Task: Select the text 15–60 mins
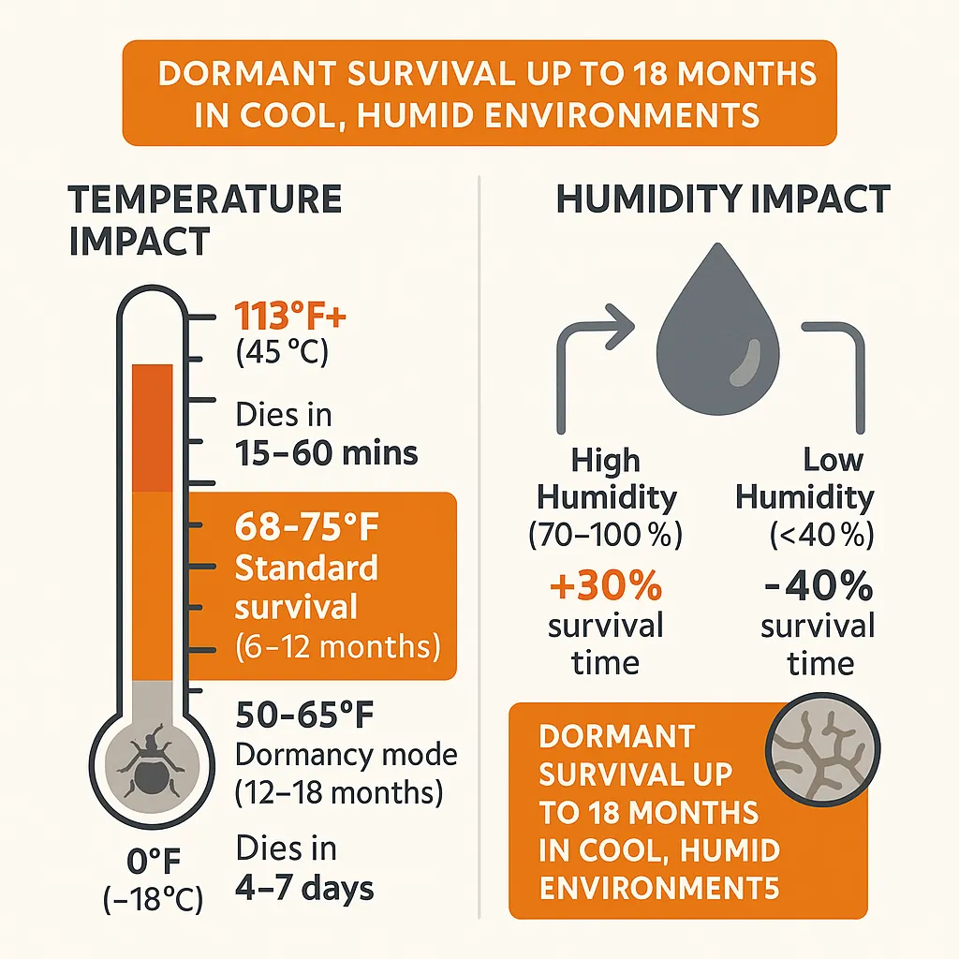326,453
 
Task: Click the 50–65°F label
304,717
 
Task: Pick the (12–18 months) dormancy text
338,792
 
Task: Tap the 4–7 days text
304,887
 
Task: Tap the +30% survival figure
605,588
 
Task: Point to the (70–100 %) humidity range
605,536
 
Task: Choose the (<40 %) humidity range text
821,536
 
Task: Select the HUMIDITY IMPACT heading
722,199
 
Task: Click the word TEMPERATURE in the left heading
205,199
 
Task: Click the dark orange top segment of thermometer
152,427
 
